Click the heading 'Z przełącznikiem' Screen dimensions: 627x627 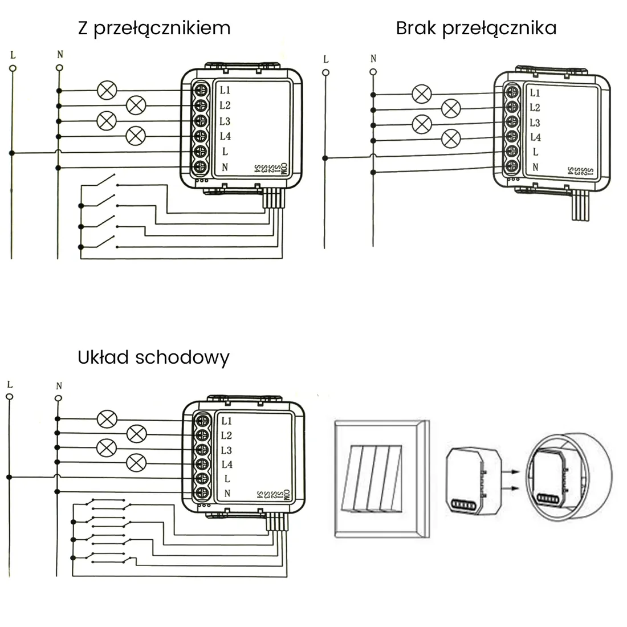click(154, 28)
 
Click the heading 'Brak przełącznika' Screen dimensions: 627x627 click(476, 28)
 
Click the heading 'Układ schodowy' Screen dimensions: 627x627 click(153, 357)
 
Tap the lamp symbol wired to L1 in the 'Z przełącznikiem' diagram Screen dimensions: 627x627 click(107, 90)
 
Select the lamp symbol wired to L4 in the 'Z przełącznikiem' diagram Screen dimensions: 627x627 click(136, 136)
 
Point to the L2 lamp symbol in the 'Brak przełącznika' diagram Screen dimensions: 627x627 click(451, 108)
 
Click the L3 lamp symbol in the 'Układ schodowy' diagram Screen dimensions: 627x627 click(107, 448)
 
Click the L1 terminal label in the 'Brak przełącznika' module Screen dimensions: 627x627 click(535, 93)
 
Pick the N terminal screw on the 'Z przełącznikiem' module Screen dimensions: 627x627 click(200, 167)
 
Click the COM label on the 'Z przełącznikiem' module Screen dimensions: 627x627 click(283, 168)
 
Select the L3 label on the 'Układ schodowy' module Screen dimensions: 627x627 click(226, 450)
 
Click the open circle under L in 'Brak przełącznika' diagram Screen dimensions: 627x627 click(325, 72)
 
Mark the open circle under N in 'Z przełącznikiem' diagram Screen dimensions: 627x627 click(59, 68)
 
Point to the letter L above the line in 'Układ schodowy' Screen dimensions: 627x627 click(10, 385)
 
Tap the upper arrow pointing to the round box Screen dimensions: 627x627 click(512, 471)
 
